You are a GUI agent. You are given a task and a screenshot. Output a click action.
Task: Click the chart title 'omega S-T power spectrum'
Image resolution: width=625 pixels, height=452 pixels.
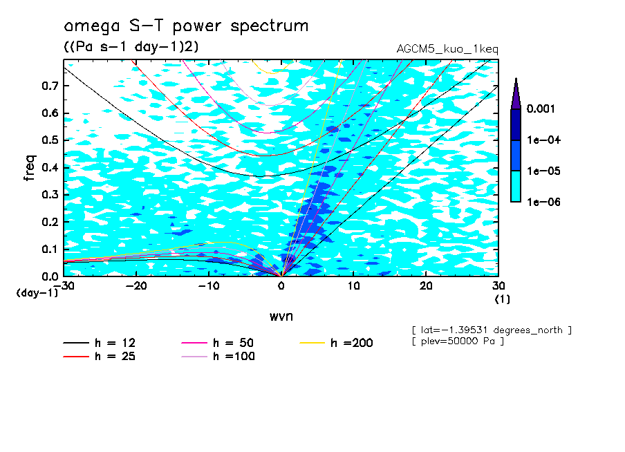pos(186,27)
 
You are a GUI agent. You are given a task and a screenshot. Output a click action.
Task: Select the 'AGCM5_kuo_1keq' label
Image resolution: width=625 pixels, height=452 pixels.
pos(447,50)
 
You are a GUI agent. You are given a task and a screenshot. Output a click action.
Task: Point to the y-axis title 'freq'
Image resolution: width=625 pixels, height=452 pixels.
pos(29,168)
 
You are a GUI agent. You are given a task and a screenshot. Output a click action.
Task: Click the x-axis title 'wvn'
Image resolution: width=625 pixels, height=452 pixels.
pos(281,316)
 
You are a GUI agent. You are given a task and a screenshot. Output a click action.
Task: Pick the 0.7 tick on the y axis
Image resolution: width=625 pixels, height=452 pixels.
pos(50,86)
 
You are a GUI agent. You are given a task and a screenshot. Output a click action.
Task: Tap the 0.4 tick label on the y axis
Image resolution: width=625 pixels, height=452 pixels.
pos(50,168)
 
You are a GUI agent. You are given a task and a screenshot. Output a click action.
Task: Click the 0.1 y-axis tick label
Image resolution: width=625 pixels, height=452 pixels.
pos(50,249)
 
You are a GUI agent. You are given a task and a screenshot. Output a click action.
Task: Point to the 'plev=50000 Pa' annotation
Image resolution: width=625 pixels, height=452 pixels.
pos(458,341)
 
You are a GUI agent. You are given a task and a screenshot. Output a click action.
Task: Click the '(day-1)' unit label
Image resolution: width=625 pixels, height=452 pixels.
pos(38,293)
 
